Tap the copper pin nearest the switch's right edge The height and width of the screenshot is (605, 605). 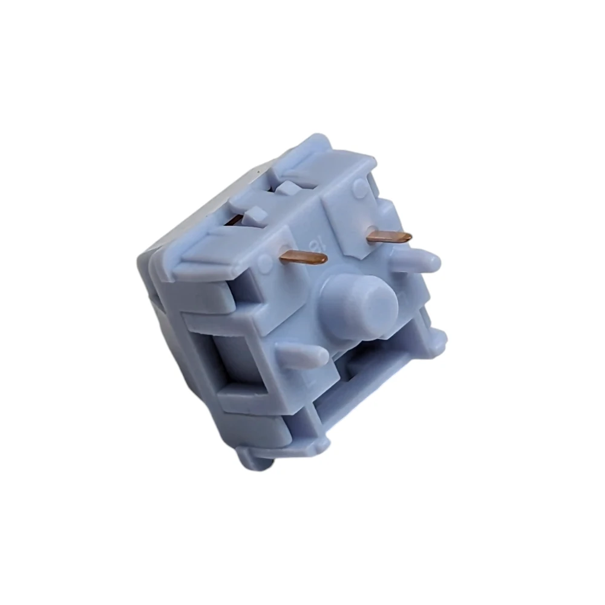(x=388, y=237)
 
